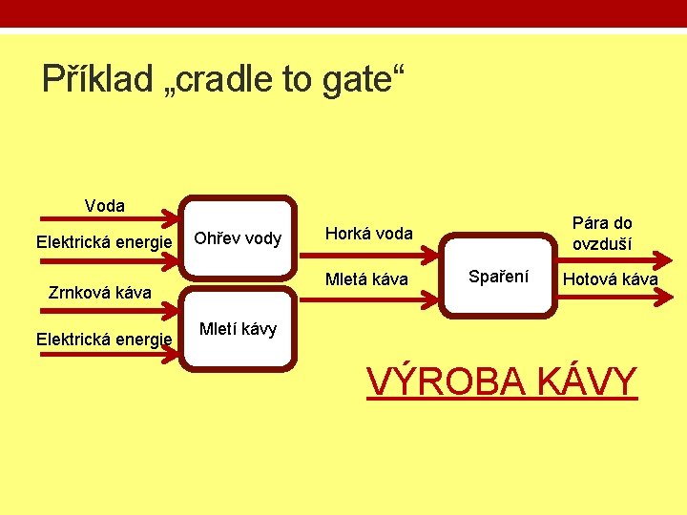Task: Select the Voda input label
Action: [x=104, y=206]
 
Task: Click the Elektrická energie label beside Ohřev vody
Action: [x=104, y=241]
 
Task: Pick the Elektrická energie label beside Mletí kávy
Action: [x=104, y=339]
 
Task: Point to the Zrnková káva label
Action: [x=99, y=293]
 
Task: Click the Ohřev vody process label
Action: [x=238, y=238]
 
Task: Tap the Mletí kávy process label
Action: [x=238, y=330]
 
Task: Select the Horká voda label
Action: [x=369, y=234]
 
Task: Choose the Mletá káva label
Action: [x=367, y=279]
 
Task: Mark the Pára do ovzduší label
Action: [x=602, y=234]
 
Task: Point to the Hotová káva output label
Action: [x=610, y=279]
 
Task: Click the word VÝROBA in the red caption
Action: [x=447, y=382]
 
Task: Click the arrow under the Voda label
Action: [x=105, y=218]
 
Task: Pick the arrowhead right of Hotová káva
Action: [x=668, y=296]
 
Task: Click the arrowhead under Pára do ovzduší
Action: [x=663, y=257]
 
